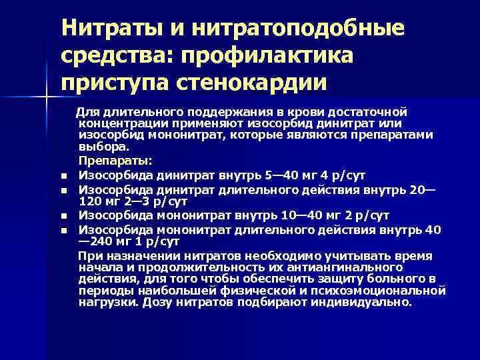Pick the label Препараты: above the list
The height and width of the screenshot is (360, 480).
pos(115,161)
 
